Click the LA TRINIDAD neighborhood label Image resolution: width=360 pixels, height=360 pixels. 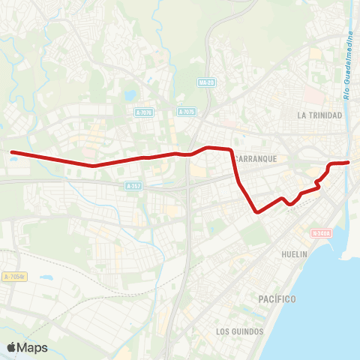[x=319, y=115]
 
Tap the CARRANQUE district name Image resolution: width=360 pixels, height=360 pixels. [x=256, y=159]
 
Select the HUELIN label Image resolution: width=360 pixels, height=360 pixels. [x=295, y=254]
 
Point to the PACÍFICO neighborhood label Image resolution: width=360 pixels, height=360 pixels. [x=277, y=299]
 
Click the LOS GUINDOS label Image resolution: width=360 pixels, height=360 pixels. [x=239, y=331]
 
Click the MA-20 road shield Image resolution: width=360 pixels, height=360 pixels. [x=207, y=82]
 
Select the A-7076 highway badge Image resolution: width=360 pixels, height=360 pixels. [x=145, y=112]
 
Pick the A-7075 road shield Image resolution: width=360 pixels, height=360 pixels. [x=187, y=112]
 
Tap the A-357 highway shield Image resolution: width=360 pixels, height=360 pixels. [x=133, y=185]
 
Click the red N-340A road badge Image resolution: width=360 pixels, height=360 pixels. [x=322, y=232]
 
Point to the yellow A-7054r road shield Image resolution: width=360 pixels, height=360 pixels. [x=13, y=276]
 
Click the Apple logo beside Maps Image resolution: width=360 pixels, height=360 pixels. [x=13, y=347]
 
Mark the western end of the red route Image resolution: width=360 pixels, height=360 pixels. [x=12, y=152]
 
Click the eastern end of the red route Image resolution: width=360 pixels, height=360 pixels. [x=348, y=162]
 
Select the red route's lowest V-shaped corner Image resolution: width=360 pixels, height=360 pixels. [x=257, y=212]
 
